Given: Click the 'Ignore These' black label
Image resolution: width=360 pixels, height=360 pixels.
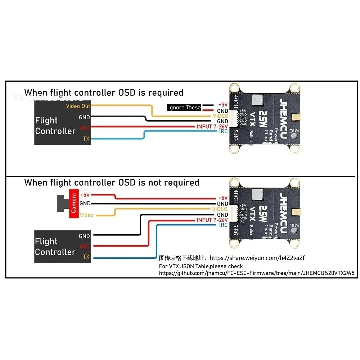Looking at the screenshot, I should [184, 107].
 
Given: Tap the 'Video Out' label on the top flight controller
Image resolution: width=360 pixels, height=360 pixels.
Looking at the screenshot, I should [78, 106].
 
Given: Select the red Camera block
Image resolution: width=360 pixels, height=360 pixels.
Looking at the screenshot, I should [74, 203].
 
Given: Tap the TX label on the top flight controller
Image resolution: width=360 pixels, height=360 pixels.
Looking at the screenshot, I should [86, 139].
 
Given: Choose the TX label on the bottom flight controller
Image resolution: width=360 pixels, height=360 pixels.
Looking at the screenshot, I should [86, 257].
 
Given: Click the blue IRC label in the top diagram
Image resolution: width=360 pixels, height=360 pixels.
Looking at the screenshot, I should [223, 132].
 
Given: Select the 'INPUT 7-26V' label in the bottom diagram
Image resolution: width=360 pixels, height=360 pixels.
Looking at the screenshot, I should [212, 220].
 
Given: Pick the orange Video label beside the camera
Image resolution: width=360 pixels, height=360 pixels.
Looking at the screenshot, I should [87, 215].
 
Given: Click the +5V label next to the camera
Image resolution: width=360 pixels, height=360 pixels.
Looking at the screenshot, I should [85, 195].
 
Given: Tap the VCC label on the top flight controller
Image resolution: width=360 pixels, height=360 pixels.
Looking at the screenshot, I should [84, 128].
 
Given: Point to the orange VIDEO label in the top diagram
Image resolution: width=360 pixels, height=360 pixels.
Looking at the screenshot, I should [220, 116].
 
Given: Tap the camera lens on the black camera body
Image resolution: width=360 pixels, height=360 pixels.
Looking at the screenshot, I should [60, 203].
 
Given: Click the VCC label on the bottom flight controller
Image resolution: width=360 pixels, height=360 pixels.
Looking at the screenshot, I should [84, 247].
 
